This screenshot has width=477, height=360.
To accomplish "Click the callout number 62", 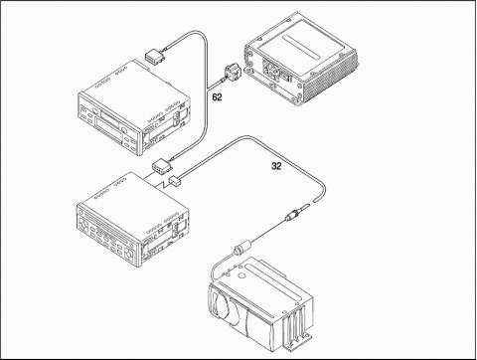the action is tap(217, 97).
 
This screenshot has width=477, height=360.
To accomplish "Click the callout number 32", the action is tap(276, 166).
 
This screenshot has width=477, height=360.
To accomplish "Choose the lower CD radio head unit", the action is tap(133, 219).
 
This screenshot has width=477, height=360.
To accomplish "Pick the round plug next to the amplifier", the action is tap(233, 74).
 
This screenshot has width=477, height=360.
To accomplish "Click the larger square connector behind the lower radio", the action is tap(161, 166).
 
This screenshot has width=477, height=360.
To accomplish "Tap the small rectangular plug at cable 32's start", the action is tap(174, 181).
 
